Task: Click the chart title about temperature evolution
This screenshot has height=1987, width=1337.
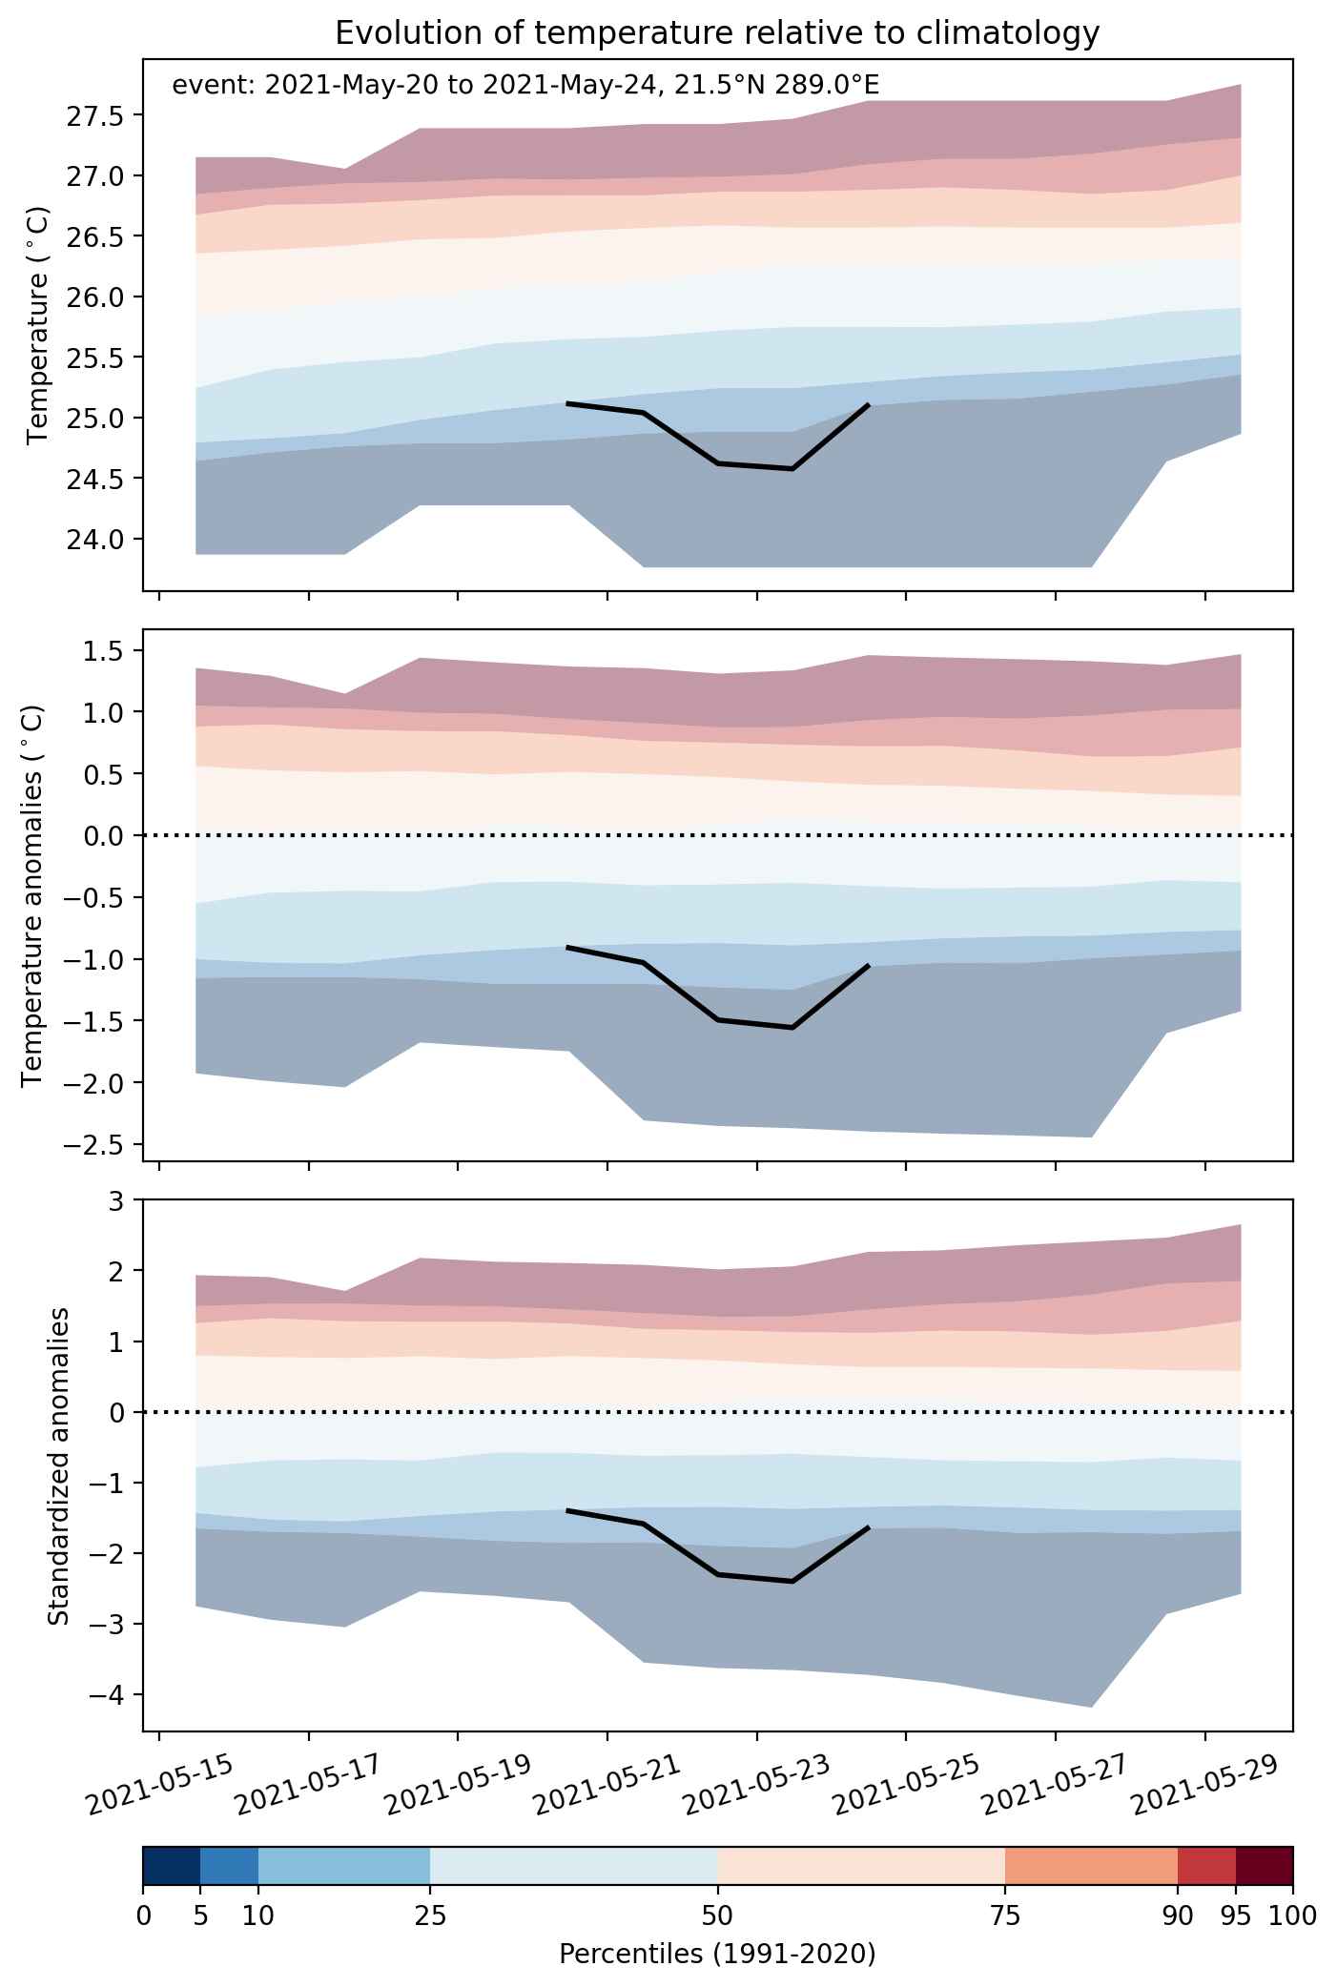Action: pos(717,33)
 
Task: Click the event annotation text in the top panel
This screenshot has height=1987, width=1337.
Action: pos(525,86)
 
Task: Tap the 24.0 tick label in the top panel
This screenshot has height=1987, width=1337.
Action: pos(93,540)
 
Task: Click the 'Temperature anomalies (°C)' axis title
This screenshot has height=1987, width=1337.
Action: pos(32,895)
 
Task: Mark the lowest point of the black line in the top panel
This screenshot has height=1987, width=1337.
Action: pos(792,469)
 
